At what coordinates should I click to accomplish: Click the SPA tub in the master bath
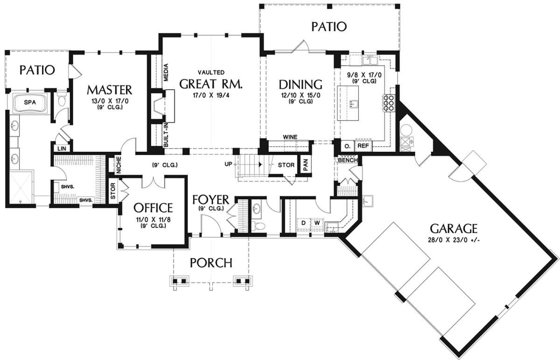30,103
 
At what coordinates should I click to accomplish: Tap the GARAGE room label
454,228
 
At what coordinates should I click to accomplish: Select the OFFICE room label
153,208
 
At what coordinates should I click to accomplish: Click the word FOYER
211,199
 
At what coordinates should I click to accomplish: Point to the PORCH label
211,263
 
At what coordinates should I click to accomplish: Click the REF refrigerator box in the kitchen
364,146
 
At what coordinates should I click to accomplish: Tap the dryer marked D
303,223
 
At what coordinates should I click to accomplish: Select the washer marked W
317,223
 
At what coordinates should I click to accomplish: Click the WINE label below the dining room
290,137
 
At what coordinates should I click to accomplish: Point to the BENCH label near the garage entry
348,160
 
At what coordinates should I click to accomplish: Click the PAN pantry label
306,164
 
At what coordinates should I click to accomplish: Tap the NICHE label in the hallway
119,165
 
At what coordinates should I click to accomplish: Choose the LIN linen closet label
62,148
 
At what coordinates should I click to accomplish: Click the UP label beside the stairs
228,164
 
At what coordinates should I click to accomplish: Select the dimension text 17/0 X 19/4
211,95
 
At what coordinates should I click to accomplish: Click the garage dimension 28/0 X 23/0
454,240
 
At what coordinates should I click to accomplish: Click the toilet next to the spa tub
61,99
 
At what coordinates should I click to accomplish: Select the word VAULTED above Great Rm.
211,72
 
